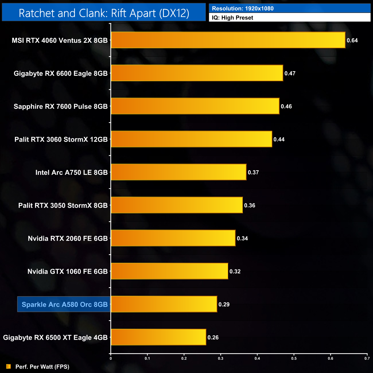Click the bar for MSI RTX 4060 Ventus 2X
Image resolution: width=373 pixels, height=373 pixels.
click(228, 40)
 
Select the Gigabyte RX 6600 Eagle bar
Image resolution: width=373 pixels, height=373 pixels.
click(197, 73)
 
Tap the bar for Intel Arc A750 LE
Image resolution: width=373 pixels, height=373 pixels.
click(178, 172)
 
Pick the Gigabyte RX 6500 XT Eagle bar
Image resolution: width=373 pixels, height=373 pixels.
click(158, 337)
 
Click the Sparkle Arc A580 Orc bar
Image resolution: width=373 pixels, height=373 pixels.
click(164, 304)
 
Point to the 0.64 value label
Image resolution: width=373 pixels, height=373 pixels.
click(352, 40)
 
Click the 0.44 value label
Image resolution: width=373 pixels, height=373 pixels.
click(279, 139)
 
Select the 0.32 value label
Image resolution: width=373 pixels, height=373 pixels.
click(235, 271)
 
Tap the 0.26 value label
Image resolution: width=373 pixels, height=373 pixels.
click(213, 337)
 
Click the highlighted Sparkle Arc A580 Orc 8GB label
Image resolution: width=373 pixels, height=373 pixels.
click(64, 304)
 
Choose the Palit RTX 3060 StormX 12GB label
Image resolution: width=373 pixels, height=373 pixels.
click(61, 139)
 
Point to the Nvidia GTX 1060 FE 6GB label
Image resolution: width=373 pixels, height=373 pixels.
click(67, 271)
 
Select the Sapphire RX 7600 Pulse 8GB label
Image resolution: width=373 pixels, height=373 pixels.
click(61, 106)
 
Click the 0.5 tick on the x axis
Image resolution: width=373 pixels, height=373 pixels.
click(294, 358)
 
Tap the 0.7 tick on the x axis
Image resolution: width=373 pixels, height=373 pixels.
click(367, 358)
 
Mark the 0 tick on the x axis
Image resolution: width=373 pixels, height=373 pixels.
click(111, 358)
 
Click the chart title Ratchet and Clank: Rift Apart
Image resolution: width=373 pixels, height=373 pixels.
click(104, 13)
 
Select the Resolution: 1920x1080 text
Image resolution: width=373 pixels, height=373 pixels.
click(243, 8)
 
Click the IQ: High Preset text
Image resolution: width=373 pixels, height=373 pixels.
click(232, 18)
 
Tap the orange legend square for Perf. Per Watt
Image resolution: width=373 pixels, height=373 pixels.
click(9, 366)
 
